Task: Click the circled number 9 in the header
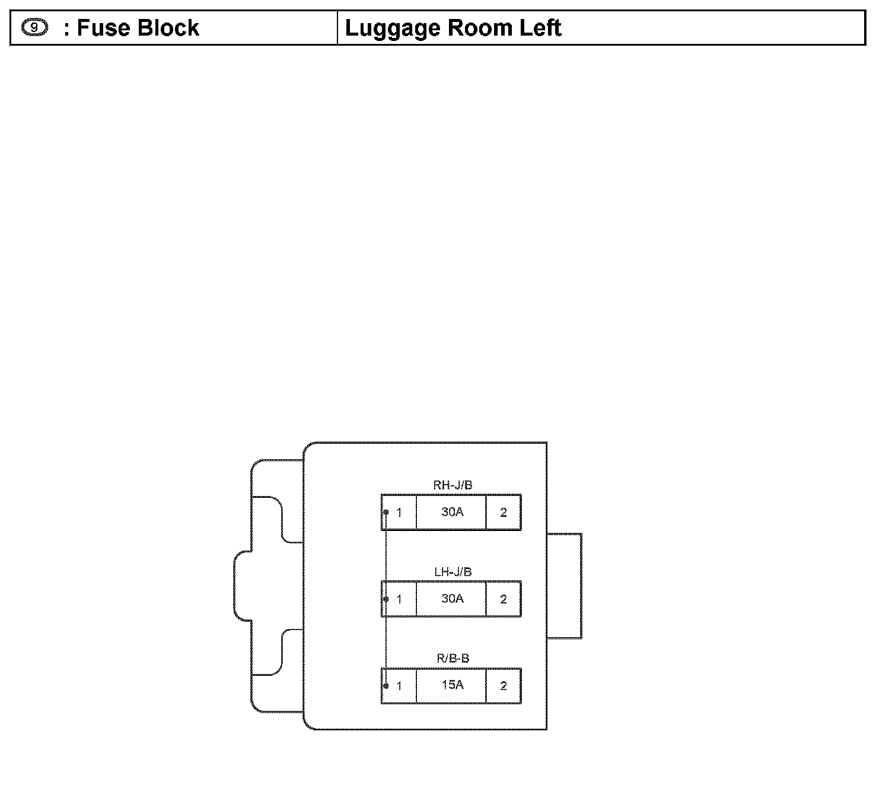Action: [x=34, y=27]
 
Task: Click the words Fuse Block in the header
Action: [x=138, y=28]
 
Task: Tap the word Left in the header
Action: [x=540, y=28]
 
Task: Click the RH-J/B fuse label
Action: [x=453, y=485]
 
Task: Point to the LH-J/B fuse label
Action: [x=453, y=572]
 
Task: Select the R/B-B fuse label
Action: [x=453, y=658]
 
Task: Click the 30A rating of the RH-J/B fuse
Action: [x=452, y=511]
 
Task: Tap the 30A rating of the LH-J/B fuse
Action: [x=452, y=598]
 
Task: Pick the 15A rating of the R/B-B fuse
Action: [x=452, y=685]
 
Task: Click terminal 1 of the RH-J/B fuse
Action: [x=399, y=512]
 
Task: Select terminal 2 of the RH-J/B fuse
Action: [x=504, y=512]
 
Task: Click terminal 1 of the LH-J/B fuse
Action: [x=399, y=599]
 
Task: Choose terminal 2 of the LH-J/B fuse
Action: [x=504, y=599]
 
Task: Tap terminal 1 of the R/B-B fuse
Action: [x=399, y=686]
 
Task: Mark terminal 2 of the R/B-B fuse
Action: [x=504, y=686]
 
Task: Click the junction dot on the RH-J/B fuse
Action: [x=386, y=512]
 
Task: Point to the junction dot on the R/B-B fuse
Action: [x=386, y=686]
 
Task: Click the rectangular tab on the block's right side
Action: [x=564, y=586]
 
